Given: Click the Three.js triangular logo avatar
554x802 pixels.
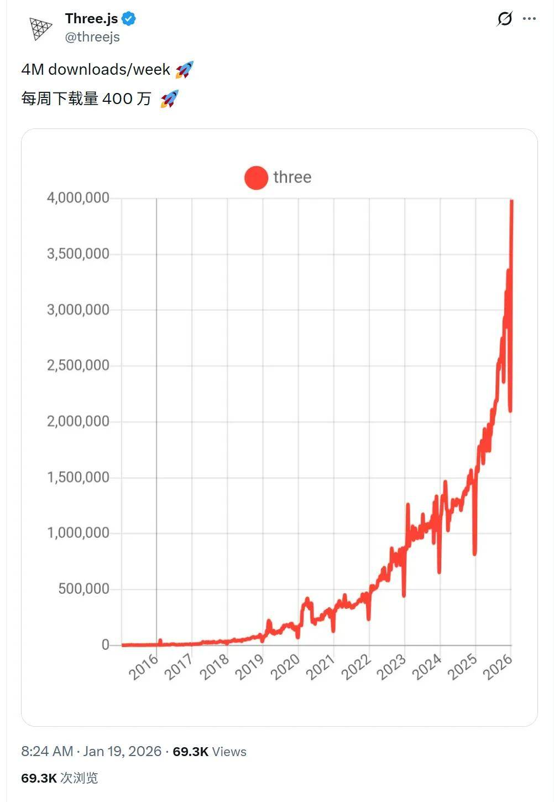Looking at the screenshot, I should pos(40,29).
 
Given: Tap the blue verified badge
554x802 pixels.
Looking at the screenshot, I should pos(129,19).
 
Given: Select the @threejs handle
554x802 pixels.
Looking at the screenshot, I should pos(92,37).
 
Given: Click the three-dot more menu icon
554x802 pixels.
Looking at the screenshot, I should pos(529,19).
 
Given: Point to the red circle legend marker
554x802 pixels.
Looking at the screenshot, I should pos(256,178).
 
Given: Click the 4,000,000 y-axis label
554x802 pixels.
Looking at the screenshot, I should pos(78,198).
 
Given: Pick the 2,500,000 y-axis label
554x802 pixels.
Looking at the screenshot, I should pos(78,365).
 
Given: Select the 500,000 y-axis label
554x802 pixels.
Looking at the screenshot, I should pos(83,589).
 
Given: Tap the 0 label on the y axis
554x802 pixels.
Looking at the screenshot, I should pos(105,645).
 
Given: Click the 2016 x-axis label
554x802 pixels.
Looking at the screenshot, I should pos(144,667).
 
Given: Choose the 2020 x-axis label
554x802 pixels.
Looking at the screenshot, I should pos(285,667).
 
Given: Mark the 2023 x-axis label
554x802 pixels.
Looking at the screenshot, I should pos(391,667).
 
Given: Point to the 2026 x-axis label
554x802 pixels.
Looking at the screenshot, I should pos(498,667).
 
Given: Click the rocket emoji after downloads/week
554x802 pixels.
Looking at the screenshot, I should pos(184,70).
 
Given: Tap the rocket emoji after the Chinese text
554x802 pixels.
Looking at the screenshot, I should pos(169,99).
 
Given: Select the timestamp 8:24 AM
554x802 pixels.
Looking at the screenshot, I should pos(47,751).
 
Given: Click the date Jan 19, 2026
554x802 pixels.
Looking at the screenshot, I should pos(122,751).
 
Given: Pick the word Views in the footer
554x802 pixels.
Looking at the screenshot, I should pos(229,752).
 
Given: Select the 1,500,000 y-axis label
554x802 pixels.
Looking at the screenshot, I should pos(78,477).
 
